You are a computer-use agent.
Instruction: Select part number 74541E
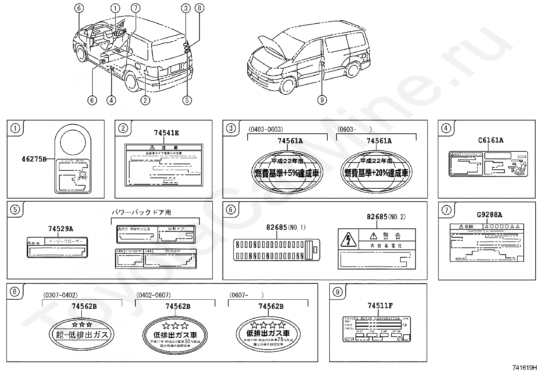point(166,133)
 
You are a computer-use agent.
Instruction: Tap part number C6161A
point(490,140)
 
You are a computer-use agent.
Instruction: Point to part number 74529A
point(60,229)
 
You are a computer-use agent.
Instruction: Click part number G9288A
point(489,215)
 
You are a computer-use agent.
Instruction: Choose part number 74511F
point(380,306)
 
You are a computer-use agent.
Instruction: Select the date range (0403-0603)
point(266,129)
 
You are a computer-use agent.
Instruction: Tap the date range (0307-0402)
point(60,295)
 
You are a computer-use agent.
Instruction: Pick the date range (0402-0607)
point(153,295)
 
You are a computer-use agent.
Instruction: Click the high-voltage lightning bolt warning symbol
point(347,240)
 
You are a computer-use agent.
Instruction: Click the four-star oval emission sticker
point(268,333)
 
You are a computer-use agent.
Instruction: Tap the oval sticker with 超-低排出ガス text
point(82,333)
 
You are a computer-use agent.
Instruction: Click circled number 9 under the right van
point(322,100)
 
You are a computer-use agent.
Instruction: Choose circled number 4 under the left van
point(111,100)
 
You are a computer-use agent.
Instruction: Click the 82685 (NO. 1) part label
point(276,227)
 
